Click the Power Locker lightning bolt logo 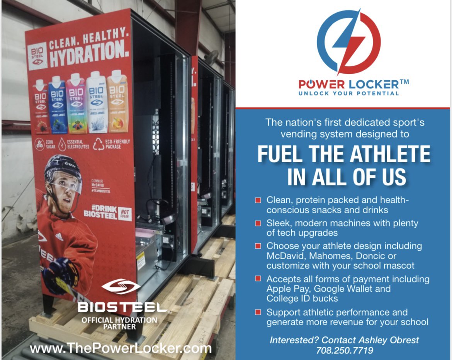pos(348,42)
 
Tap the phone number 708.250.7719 pos(344,350)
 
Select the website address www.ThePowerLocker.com pos(121,349)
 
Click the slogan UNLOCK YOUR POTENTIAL pos(349,93)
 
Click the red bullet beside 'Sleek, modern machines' pos(258,223)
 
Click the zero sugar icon pos(39,144)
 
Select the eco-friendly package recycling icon pos(99,144)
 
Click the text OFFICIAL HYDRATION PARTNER pos(119,323)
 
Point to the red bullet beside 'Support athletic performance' pos(258,312)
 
